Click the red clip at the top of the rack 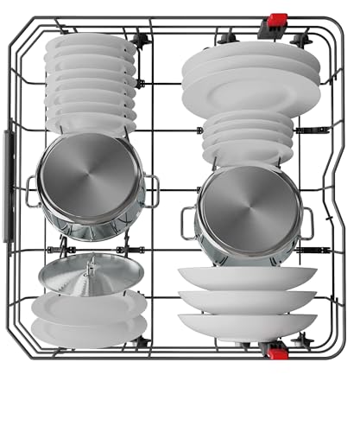click(279, 19)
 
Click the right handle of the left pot click(151, 189)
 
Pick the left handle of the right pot click(187, 223)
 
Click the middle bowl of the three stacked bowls click(246, 300)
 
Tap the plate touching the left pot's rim click(91, 123)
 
